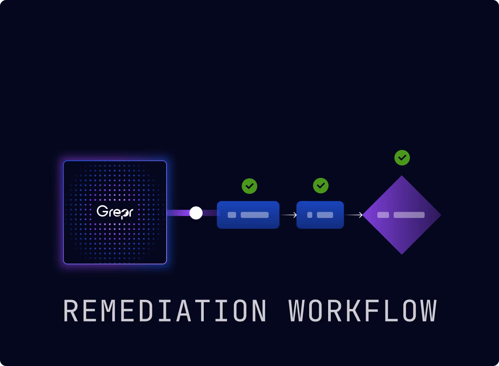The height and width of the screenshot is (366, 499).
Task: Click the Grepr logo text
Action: tap(115, 212)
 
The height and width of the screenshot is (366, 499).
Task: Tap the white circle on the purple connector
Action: tap(196, 213)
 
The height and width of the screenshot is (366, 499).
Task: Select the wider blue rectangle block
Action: tap(248, 215)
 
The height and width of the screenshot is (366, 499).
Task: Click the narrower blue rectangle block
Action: tap(320, 215)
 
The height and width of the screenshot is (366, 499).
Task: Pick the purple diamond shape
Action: tap(402, 215)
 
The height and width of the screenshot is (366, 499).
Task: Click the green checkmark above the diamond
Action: tap(402, 158)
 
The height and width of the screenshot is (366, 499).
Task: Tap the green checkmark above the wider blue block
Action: tap(249, 186)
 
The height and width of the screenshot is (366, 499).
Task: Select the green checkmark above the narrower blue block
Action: tap(320, 186)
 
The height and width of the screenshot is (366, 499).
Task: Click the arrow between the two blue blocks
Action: tap(289, 215)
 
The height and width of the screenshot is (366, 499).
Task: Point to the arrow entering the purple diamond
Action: tap(354, 215)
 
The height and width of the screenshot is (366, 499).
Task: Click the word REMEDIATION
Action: tap(165, 311)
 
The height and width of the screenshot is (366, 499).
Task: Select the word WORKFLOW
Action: tap(363, 311)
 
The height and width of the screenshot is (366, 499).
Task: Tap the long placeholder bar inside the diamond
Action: tap(409, 215)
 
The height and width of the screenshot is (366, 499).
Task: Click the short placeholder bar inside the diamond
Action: tap(383, 215)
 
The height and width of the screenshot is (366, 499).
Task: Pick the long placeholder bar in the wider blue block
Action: tap(255, 215)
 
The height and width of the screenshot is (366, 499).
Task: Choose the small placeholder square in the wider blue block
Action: tap(232, 215)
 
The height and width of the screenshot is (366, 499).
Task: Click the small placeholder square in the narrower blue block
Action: tap(310, 215)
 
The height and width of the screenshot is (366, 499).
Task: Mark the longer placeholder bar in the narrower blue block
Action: tap(325, 215)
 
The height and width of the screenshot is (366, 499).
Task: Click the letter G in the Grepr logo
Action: tap(102, 211)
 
